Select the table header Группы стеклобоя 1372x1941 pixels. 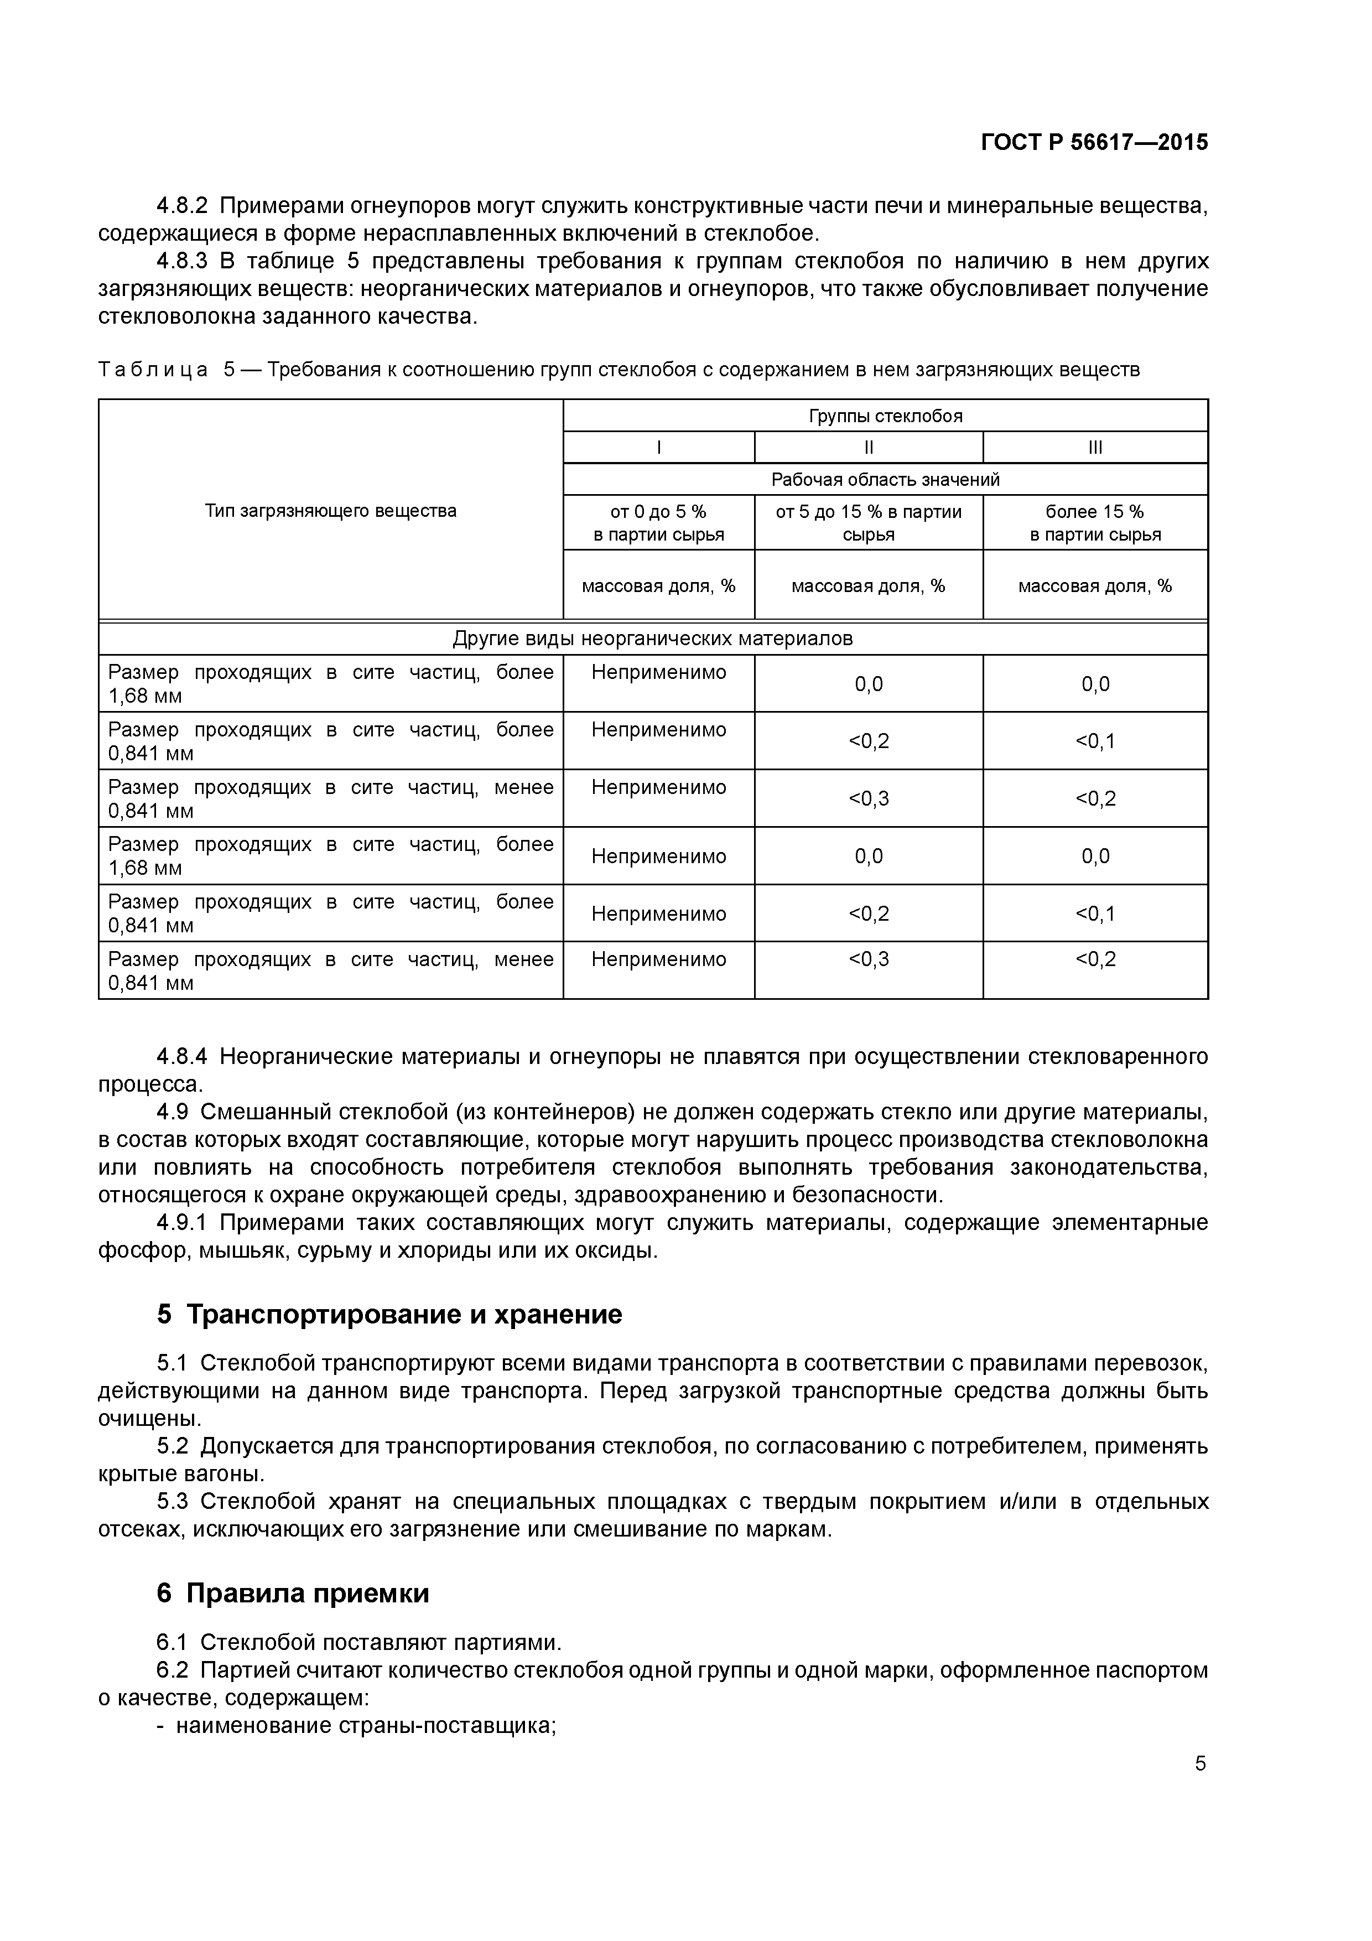point(885,416)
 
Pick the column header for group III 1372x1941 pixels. point(1095,447)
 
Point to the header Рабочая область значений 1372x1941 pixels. point(885,479)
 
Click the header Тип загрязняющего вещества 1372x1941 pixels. point(330,511)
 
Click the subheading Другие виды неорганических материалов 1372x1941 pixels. point(653,639)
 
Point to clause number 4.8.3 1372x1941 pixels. point(182,261)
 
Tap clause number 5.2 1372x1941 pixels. point(173,1446)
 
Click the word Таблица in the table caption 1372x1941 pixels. point(153,370)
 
